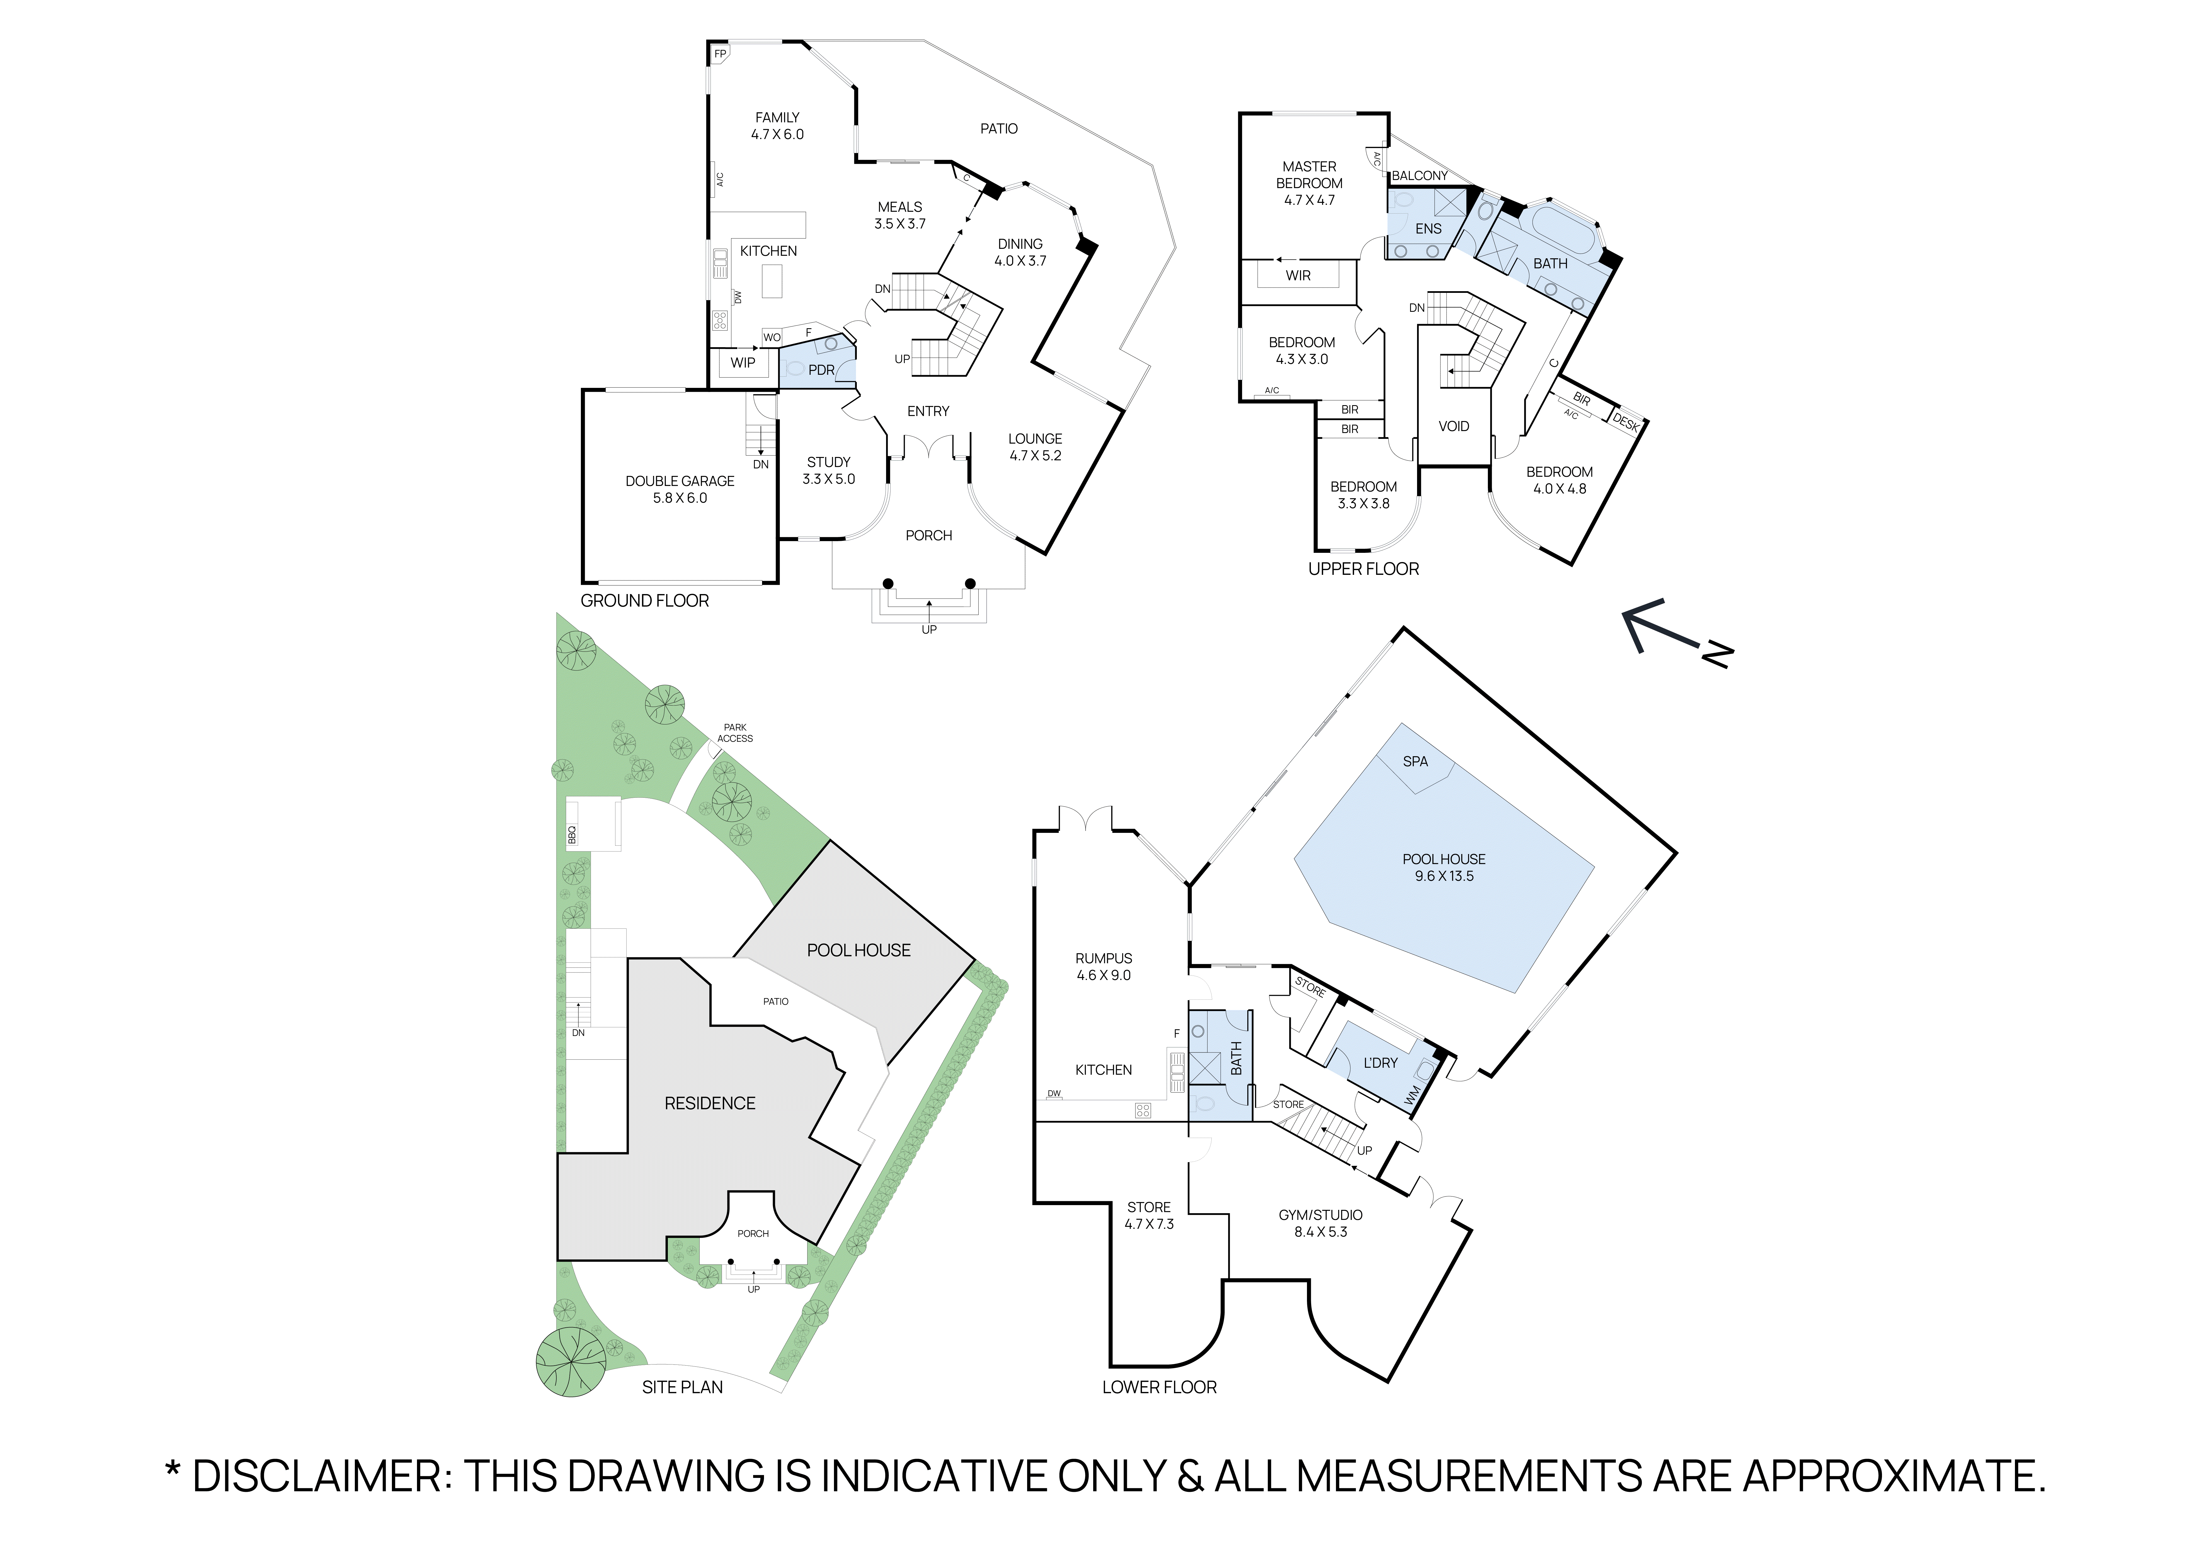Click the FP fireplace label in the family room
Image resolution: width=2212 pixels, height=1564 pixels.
pos(720,54)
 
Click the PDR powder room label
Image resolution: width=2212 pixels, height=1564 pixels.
pos(821,370)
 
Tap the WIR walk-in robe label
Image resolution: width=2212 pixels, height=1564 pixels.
pos(1298,275)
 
